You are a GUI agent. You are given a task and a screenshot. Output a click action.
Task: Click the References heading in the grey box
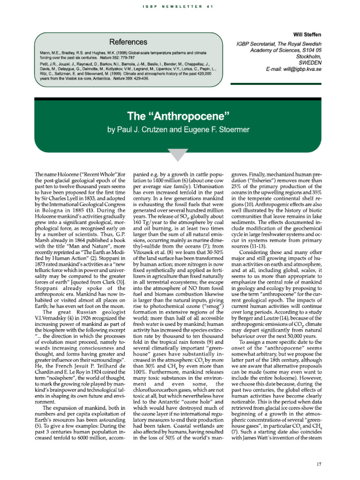[x=127, y=42]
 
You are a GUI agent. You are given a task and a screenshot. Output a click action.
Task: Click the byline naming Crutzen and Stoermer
[x=180, y=129]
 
